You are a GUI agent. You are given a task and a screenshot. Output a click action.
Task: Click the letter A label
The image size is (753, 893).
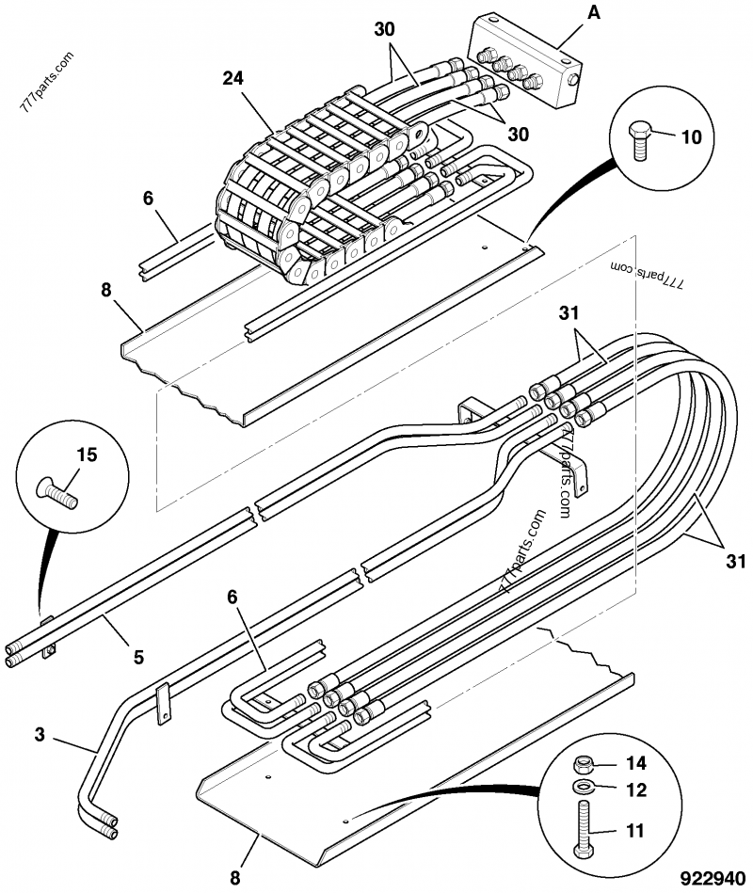pyautogui.click(x=594, y=12)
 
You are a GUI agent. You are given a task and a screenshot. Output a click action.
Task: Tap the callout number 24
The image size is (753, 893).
pyautogui.click(x=233, y=79)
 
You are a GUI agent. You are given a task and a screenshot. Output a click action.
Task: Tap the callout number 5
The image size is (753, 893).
pyautogui.click(x=138, y=657)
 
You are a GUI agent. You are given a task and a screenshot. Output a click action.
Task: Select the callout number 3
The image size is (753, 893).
pyautogui.click(x=40, y=734)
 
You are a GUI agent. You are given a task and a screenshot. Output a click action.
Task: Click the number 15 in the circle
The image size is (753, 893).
pyautogui.click(x=88, y=454)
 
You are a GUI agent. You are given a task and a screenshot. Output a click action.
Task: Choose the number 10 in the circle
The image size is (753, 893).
pyautogui.click(x=692, y=137)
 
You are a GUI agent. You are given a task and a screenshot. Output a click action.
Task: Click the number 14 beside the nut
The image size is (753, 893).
pyautogui.click(x=636, y=762)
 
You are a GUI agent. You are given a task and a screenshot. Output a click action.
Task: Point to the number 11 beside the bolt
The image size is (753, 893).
pyautogui.click(x=635, y=831)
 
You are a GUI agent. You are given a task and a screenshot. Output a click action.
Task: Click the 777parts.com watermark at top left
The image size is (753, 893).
pyautogui.click(x=47, y=82)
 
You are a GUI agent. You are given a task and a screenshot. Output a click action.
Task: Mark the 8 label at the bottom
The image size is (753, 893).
pyautogui.click(x=235, y=878)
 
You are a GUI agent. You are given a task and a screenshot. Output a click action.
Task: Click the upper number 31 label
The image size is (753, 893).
pyautogui.click(x=569, y=312)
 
